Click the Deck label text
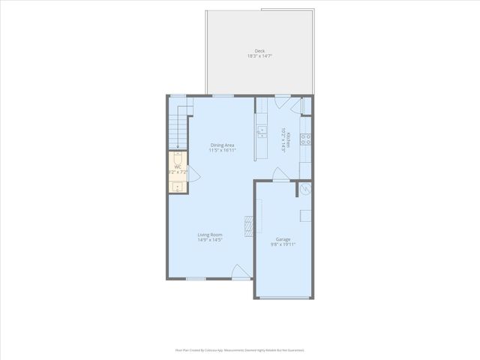tap(259, 51)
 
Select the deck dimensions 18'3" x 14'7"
tap(259, 56)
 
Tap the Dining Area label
tap(223, 145)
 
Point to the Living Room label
tap(210, 235)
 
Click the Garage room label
tap(283, 239)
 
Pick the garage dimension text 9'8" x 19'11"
tap(283, 244)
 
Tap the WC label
tap(178, 166)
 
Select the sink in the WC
tap(177, 187)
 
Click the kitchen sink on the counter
tap(262, 133)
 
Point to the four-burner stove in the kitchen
tap(306, 138)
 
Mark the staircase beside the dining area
tap(178, 127)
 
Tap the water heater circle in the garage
tap(305, 190)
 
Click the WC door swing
tap(192, 174)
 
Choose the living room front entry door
tap(241, 272)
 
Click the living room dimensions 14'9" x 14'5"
tap(210, 240)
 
